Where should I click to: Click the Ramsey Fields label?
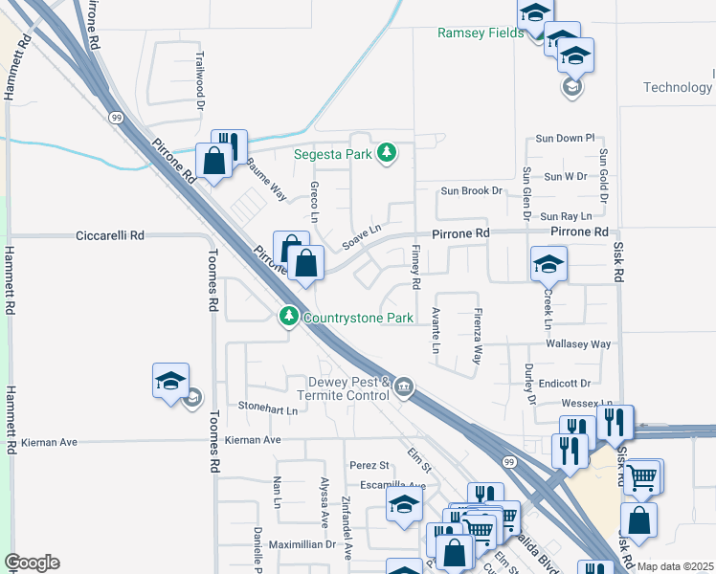coord(481,33)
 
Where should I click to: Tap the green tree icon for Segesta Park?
coord(386,152)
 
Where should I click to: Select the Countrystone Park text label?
coord(358,317)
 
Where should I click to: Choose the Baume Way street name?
coord(267,178)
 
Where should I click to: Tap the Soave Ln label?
coord(363,234)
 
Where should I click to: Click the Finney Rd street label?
coord(415,267)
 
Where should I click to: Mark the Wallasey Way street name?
coord(578,343)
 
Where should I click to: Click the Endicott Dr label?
coord(570,384)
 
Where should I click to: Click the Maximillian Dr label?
coord(302,544)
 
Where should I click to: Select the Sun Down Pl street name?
coord(566,139)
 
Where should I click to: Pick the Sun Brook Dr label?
coord(471,190)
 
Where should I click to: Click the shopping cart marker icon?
coord(642,475)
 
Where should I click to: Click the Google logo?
coord(32,563)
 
